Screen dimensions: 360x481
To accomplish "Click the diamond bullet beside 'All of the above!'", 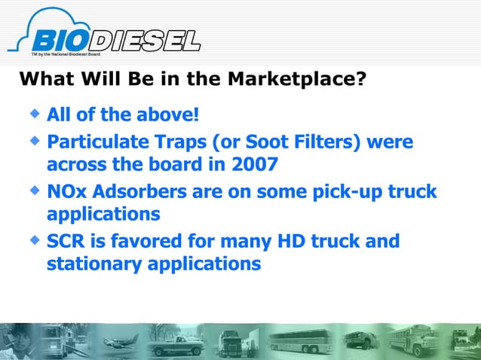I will (x=34, y=114).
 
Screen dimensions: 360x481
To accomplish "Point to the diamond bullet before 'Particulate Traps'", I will (x=34, y=139).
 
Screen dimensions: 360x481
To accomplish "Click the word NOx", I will (x=66, y=191).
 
